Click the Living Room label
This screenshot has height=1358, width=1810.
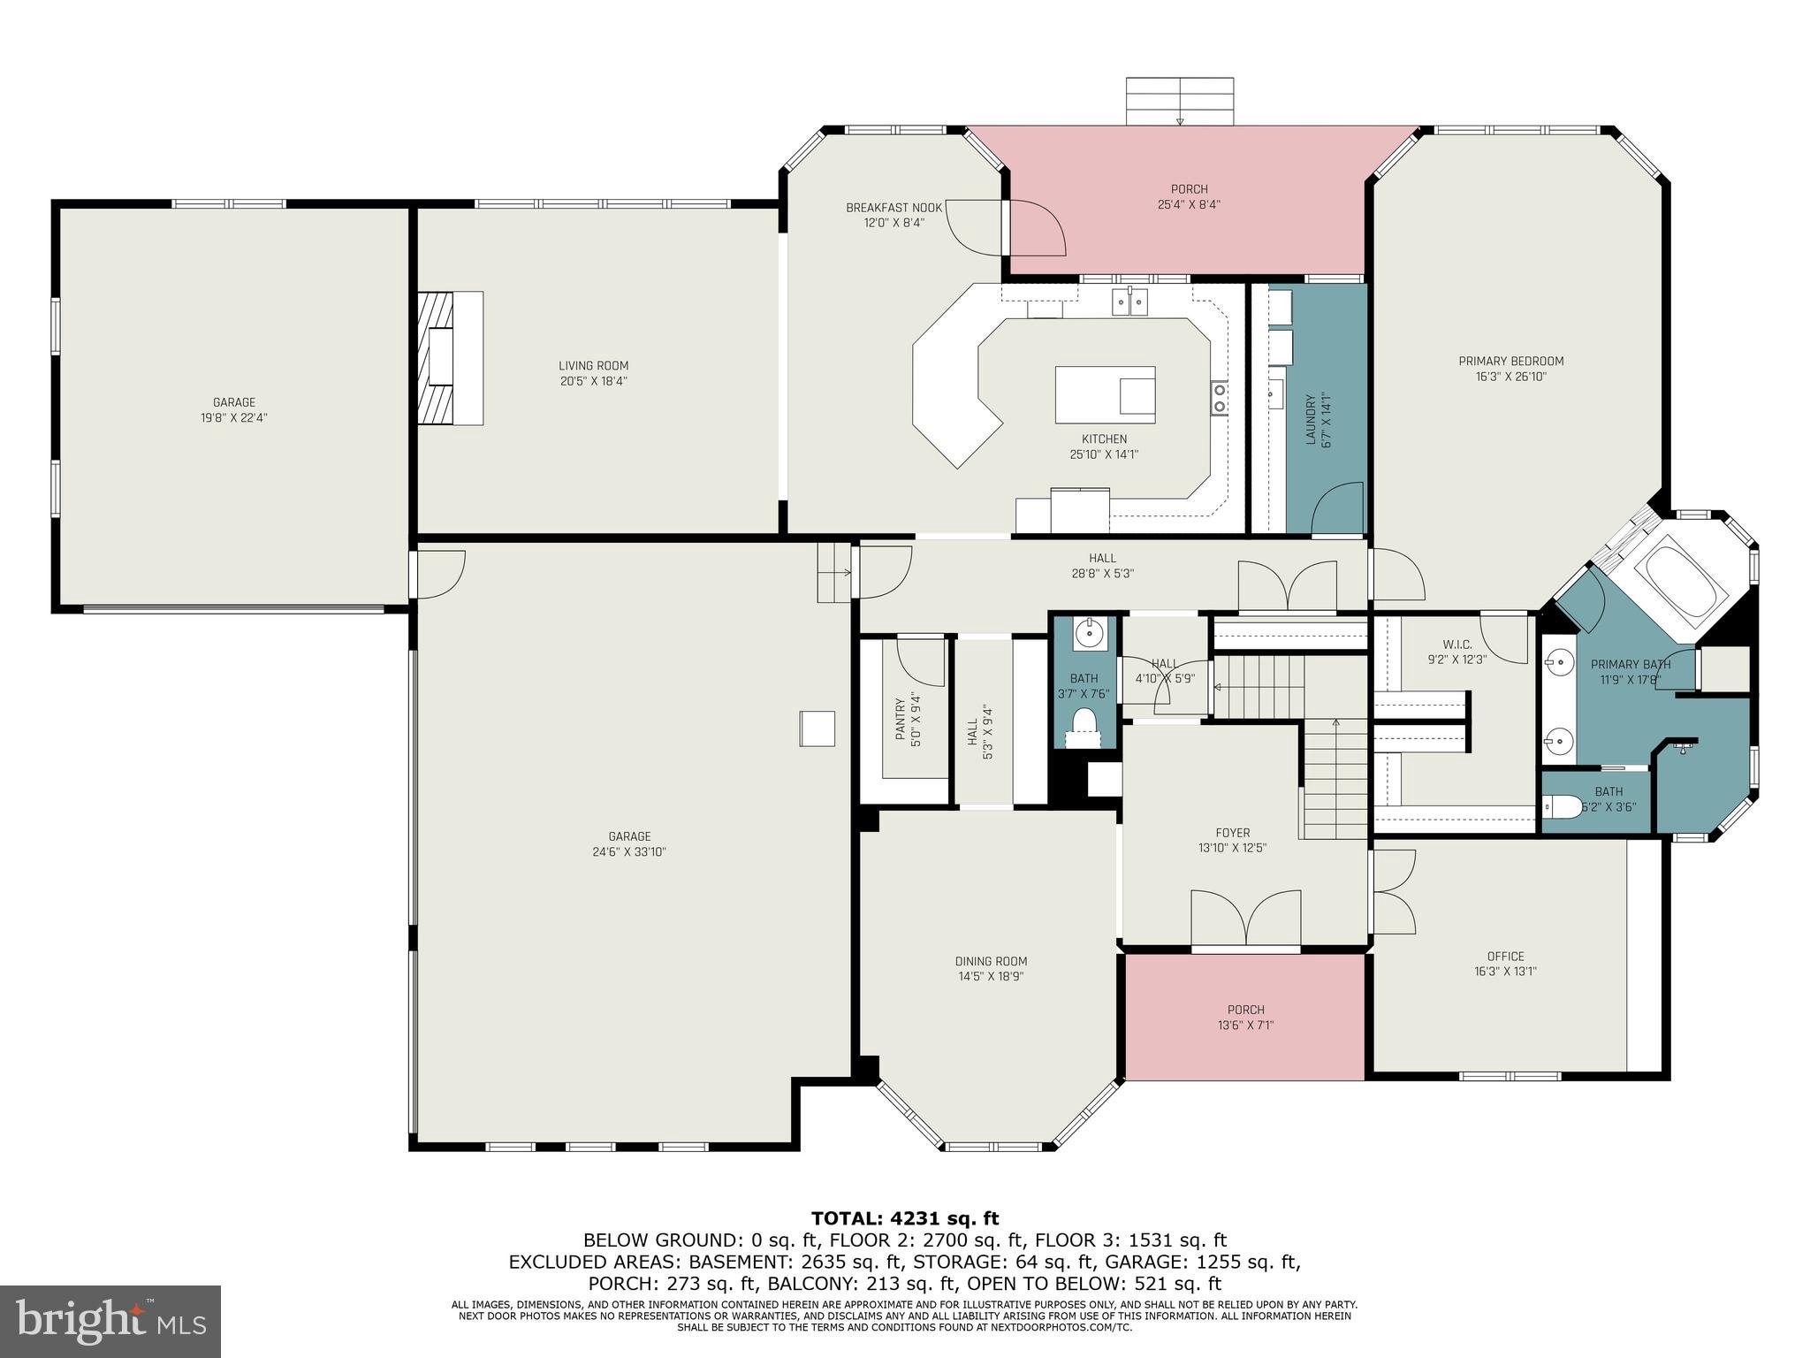(593, 366)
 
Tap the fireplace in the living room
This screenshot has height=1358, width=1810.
(450, 358)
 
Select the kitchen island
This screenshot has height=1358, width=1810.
(1105, 394)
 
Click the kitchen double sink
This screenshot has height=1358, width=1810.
(1131, 302)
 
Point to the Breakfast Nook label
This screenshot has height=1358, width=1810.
(894, 208)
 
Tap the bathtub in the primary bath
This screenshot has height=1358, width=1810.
(1679, 579)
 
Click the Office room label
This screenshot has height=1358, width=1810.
(1505, 956)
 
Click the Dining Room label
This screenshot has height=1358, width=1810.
(991, 961)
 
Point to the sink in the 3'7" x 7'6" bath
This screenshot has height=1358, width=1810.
(1088, 633)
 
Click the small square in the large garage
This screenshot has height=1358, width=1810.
(818, 729)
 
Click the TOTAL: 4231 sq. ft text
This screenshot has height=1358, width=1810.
(904, 1219)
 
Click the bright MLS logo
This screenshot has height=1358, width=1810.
(110, 1321)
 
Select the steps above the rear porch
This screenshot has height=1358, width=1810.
(1179, 102)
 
